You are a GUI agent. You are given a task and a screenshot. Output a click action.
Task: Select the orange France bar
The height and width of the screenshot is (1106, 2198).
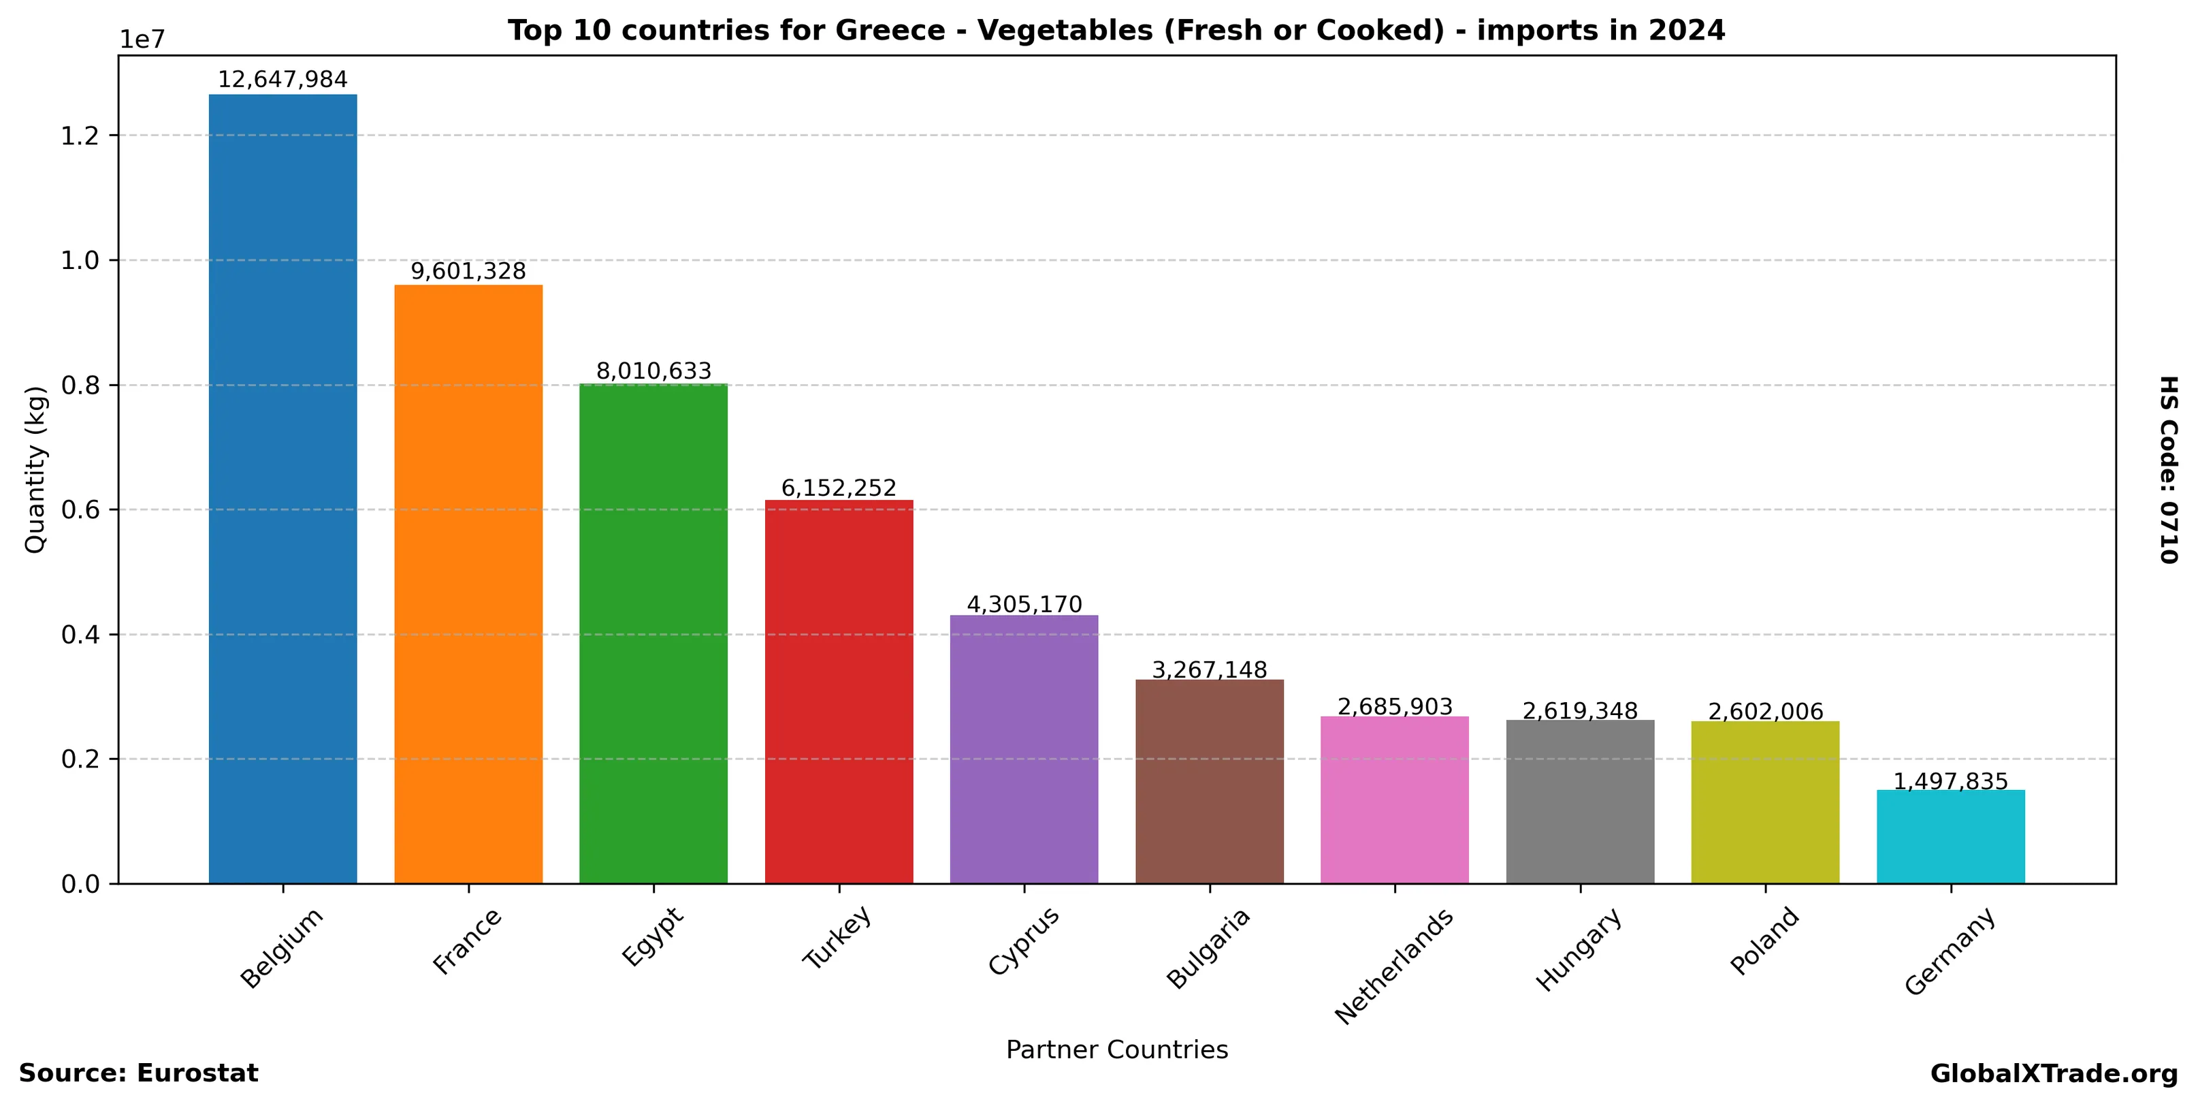click(468, 584)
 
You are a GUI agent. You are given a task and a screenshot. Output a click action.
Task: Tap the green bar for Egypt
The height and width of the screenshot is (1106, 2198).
click(653, 633)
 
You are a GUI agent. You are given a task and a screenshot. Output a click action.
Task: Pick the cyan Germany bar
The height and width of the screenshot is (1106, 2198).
click(1950, 836)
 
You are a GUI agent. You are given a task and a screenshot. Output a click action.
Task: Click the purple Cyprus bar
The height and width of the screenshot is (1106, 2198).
click(1024, 748)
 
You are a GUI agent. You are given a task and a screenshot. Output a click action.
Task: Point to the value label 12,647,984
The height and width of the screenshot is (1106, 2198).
click(282, 80)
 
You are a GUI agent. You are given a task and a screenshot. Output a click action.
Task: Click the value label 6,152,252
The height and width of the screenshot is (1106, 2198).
click(839, 488)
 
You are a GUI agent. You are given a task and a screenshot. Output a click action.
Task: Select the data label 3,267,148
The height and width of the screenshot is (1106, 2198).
click(1209, 670)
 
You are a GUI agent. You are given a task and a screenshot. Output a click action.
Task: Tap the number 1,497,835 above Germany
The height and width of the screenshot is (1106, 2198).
click(1950, 782)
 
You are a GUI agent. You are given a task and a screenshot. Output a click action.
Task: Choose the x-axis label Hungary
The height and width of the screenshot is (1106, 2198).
click(1578, 950)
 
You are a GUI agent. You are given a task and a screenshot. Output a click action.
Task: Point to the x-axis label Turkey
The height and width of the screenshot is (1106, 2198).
click(837, 937)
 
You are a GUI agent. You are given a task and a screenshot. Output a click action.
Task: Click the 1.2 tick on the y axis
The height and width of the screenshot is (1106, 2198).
click(80, 136)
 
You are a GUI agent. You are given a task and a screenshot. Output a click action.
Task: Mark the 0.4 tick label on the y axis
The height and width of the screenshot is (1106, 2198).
click(80, 635)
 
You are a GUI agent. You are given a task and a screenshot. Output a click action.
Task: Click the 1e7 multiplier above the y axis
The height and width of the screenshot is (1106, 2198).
click(142, 40)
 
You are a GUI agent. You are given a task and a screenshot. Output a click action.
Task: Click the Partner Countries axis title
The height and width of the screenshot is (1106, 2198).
click(1117, 1049)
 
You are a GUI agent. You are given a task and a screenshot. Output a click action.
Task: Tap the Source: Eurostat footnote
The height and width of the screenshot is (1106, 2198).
click(138, 1073)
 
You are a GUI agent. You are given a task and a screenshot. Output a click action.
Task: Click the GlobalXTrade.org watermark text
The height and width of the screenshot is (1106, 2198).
click(2054, 1073)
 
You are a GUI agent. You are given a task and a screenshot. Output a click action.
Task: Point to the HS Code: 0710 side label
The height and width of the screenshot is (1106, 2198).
click(2168, 469)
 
